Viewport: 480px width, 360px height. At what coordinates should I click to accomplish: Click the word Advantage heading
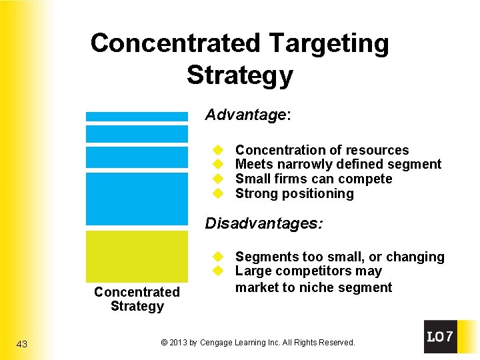(245, 115)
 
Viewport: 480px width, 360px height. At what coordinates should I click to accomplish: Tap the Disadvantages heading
(263, 223)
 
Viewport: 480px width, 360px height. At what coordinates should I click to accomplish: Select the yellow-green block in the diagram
(137, 257)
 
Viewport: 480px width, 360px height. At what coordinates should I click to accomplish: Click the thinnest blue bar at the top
(137, 116)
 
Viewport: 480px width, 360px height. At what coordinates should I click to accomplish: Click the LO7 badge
(440, 337)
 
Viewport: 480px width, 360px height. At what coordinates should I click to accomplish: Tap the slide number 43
(22, 344)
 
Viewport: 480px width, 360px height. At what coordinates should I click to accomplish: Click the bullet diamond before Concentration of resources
(217, 150)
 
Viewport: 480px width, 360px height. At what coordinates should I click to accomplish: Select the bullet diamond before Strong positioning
(217, 194)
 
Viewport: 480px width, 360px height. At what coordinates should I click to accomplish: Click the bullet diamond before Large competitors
(217, 271)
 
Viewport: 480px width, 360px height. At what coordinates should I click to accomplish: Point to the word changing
(419, 257)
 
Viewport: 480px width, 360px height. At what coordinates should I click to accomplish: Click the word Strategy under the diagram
(137, 307)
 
